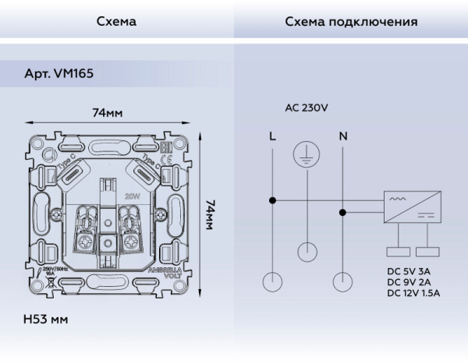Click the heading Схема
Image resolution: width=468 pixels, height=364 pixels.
[x=116, y=23]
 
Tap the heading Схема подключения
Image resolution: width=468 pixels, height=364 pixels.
[x=350, y=23]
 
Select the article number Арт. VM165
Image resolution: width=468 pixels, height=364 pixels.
[x=57, y=80]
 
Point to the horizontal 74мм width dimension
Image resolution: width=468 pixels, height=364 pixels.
[x=108, y=114]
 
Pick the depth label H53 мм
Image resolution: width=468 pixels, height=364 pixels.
[x=47, y=320]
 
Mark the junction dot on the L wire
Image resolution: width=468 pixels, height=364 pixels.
[x=271, y=200]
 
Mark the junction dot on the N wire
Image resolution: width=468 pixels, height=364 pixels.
[x=342, y=211]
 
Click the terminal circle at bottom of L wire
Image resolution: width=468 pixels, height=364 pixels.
[x=271, y=281]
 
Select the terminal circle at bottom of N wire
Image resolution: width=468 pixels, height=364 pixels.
[x=342, y=281]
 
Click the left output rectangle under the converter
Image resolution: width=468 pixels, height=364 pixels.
[x=398, y=252]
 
